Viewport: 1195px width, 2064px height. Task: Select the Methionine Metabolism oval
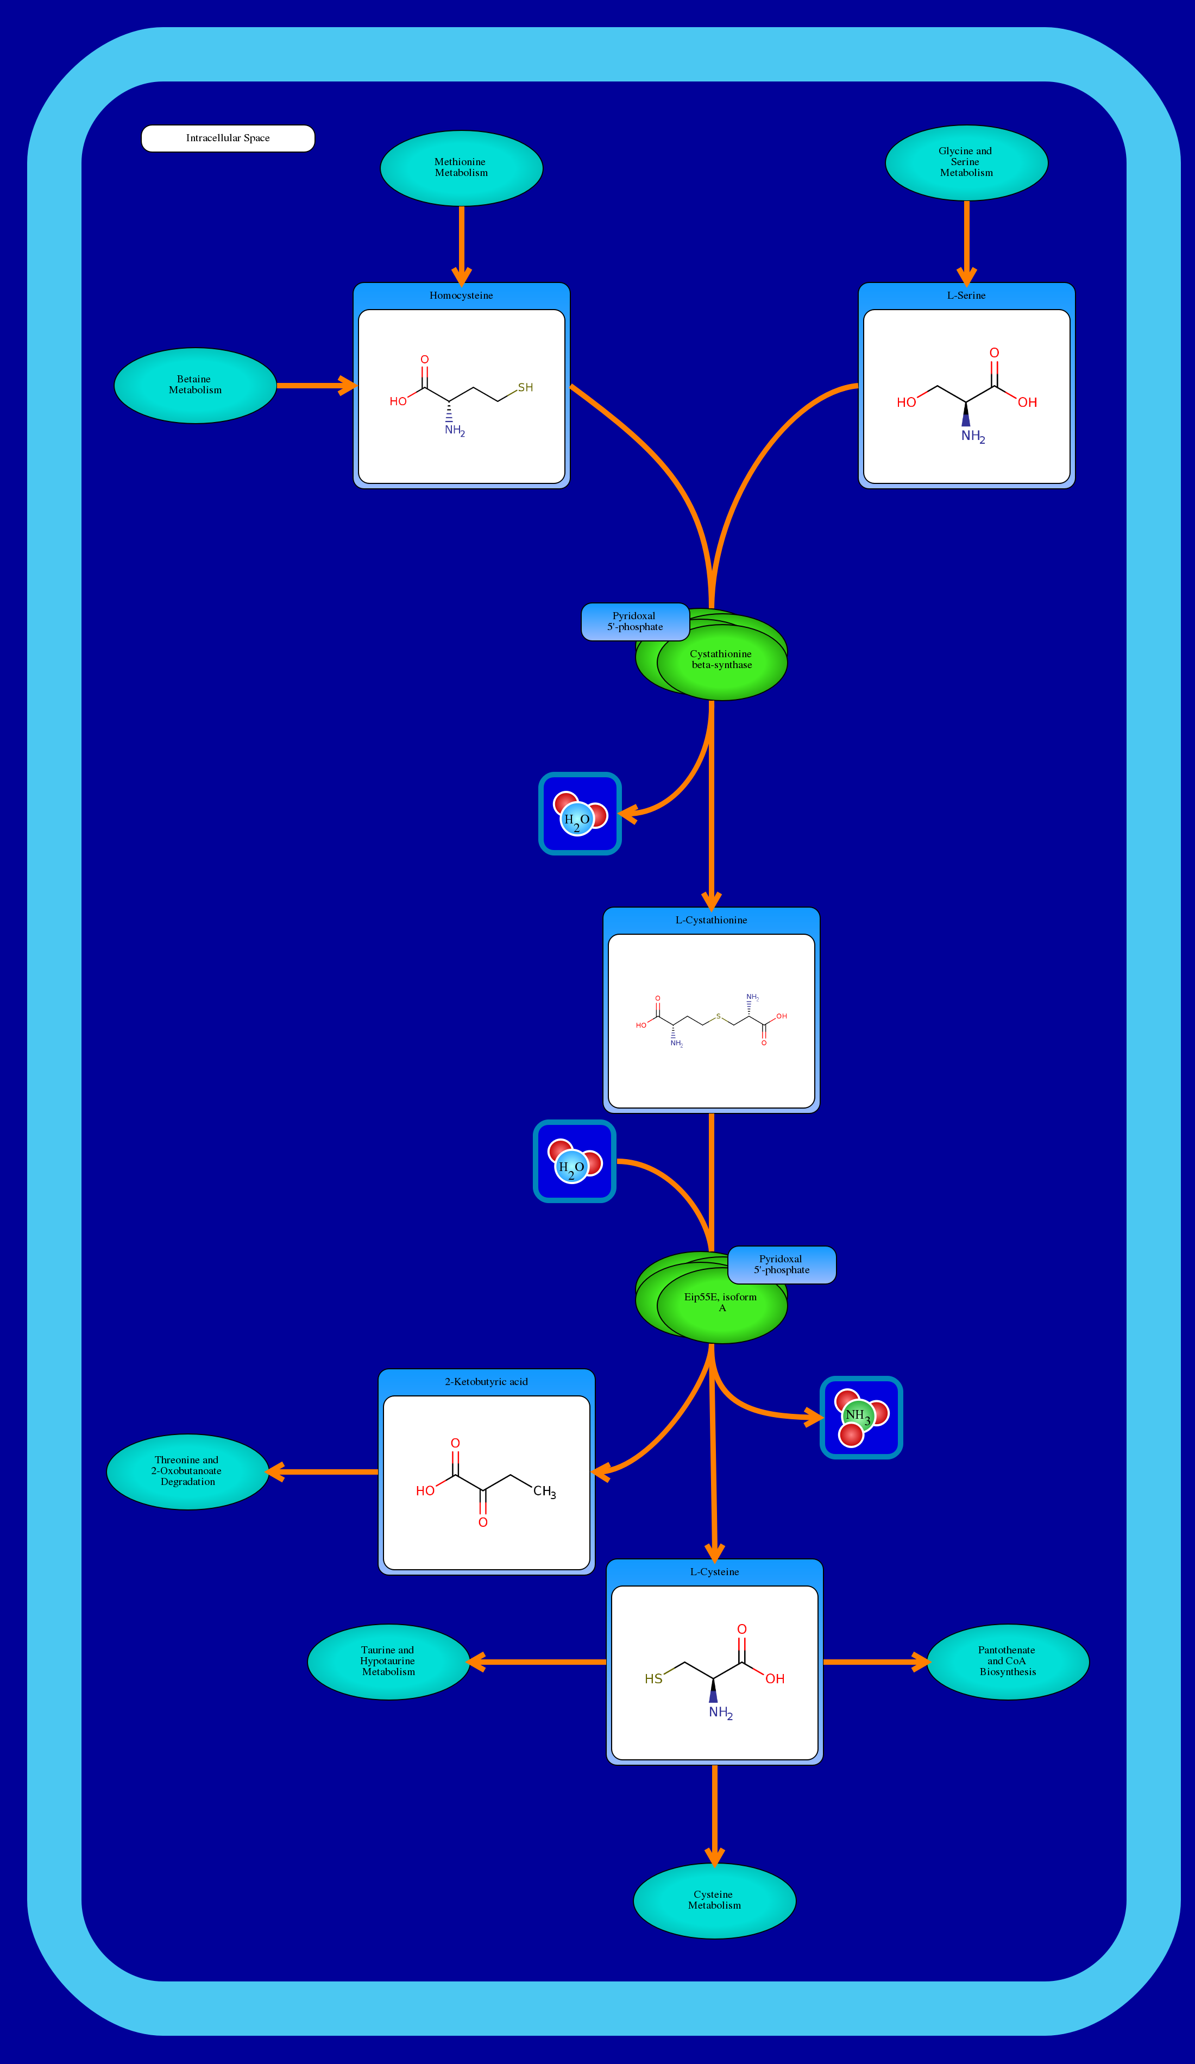pos(461,168)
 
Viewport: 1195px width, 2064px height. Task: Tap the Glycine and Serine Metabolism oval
pos(966,162)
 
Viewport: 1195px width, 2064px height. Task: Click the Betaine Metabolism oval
pos(195,385)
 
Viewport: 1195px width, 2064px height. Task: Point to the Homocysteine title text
pos(461,295)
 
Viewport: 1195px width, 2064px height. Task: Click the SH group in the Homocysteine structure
pos(525,387)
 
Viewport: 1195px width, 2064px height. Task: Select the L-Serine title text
pos(966,295)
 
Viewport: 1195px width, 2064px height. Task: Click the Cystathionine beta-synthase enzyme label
pos(721,659)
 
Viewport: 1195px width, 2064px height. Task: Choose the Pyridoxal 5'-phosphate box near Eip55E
pos(782,1264)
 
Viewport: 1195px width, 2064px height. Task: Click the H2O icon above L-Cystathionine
pos(579,813)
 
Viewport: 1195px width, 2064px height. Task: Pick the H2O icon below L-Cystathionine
pos(574,1161)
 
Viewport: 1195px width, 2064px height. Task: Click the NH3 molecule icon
pos(861,1418)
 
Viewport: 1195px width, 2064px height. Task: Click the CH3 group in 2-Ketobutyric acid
pos(544,1492)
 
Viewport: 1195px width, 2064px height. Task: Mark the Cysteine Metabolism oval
pos(714,1900)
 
